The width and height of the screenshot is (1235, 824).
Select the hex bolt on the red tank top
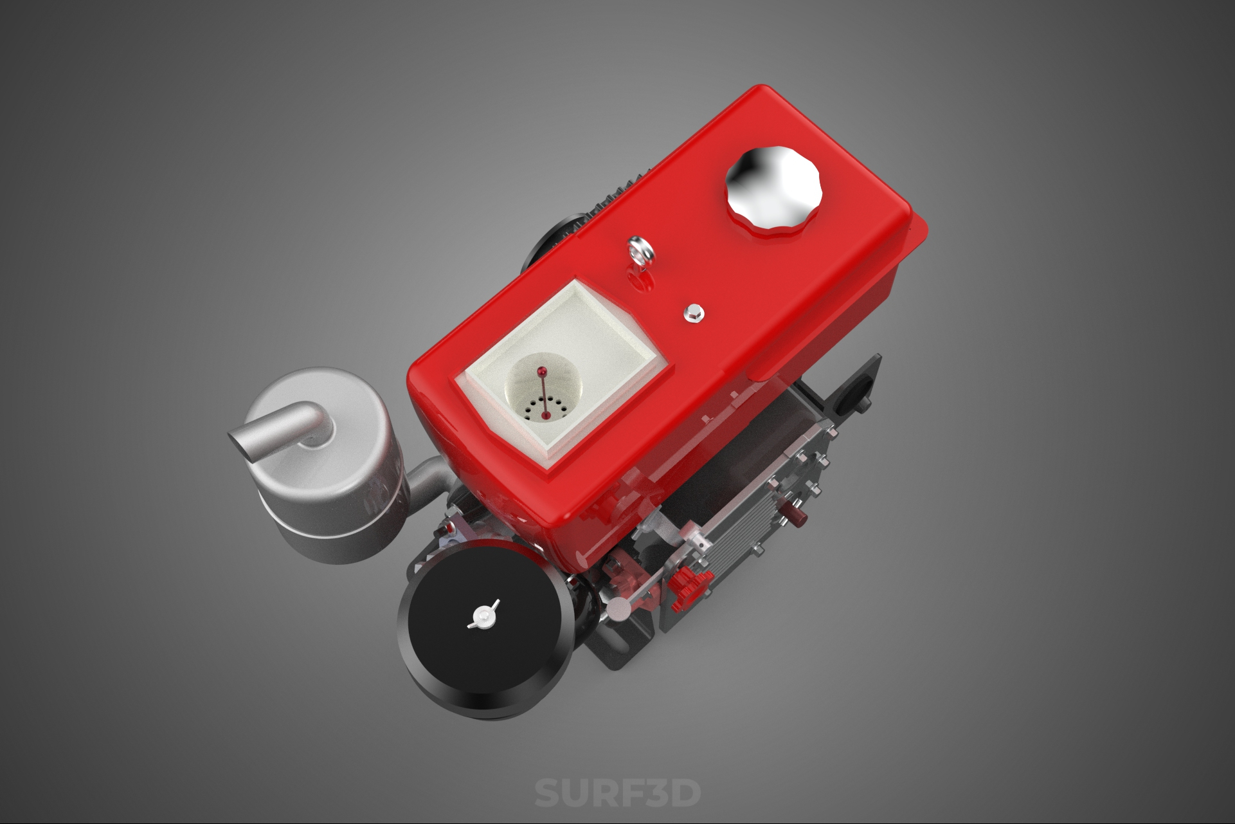693,313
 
